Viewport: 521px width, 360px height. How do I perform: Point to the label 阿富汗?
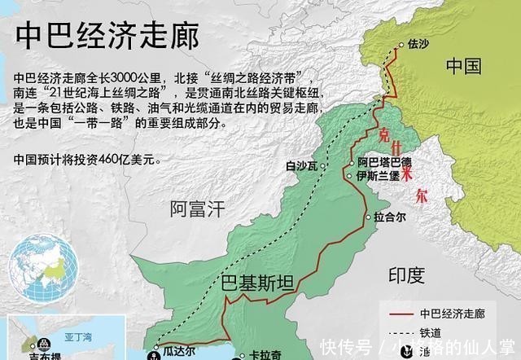pyautogui.click(x=196, y=209)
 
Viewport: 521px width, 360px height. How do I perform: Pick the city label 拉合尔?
pyautogui.click(x=389, y=217)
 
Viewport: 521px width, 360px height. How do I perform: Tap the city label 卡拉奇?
pyautogui.click(x=265, y=355)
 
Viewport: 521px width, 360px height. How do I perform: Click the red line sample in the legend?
pyautogui.click(x=398, y=313)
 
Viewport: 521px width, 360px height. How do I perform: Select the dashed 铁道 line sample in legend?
pyautogui.click(x=398, y=331)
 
